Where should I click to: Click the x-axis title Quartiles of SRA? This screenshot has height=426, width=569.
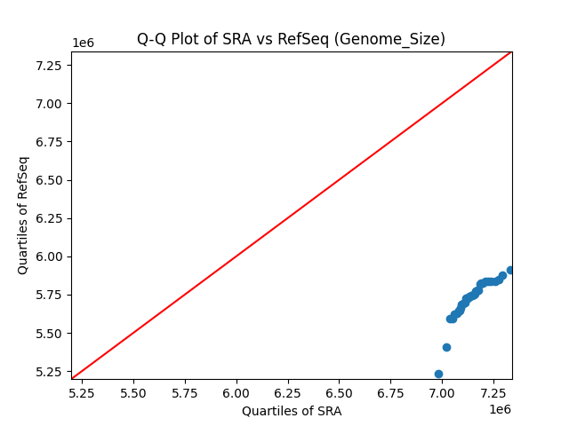pos(292,411)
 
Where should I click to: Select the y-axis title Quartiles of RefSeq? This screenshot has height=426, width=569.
pos(24,215)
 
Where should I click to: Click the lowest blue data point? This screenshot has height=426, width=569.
pos(438,374)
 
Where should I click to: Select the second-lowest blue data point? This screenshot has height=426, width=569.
pos(446,347)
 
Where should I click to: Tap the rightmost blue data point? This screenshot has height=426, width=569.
pos(510,270)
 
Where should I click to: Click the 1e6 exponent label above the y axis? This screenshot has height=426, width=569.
pos(83,43)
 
